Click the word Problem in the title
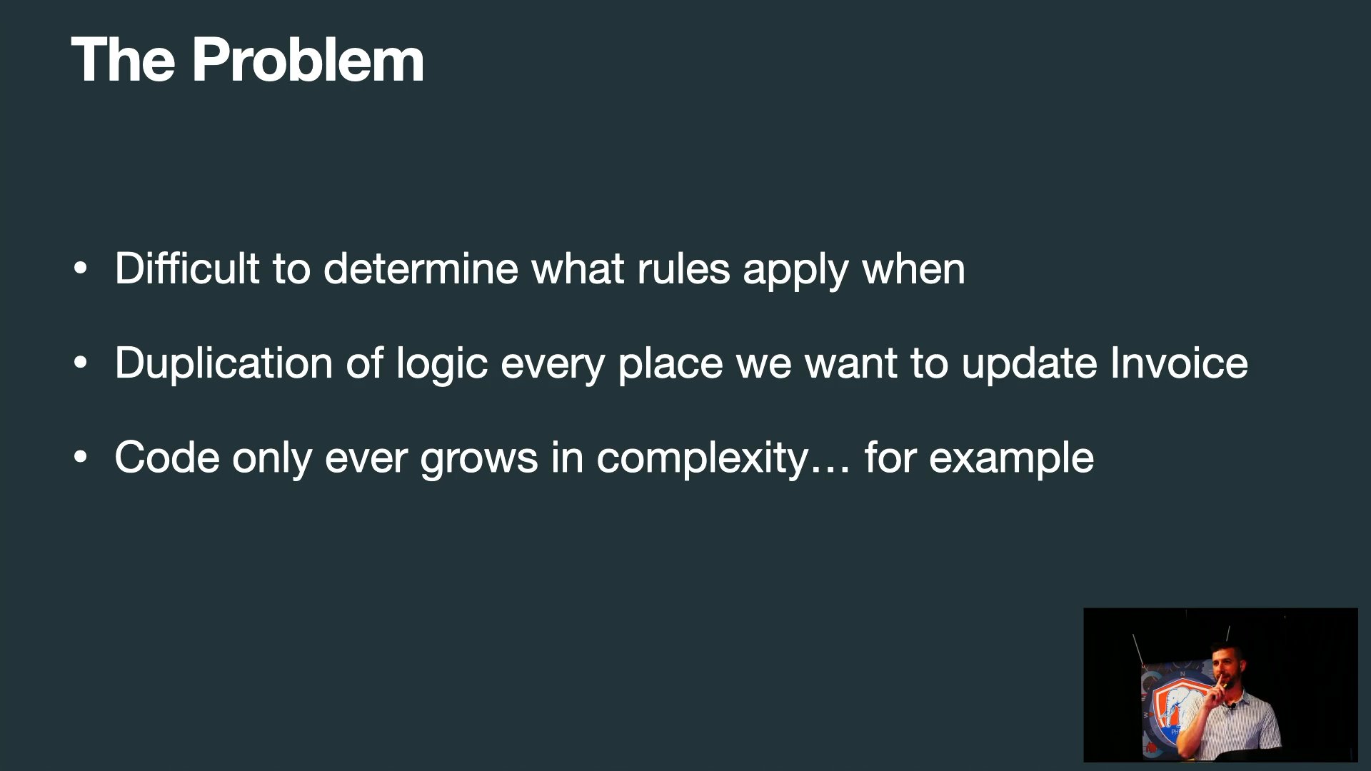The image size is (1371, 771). pyautogui.click(x=308, y=60)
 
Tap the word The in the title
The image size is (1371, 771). pyautogui.click(x=123, y=60)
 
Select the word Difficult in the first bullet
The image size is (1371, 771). pyautogui.click(x=187, y=268)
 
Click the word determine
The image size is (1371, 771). pyautogui.click(x=421, y=268)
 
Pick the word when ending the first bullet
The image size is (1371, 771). pyautogui.click(x=914, y=268)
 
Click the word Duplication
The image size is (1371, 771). pyautogui.click(x=224, y=363)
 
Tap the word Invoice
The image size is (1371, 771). pyautogui.click(x=1179, y=363)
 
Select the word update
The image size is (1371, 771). pyautogui.click(x=1030, y=364)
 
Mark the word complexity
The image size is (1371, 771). pyautogui.click(x=703, y=458)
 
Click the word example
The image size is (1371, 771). pyautogui.click(x=1011, y=458)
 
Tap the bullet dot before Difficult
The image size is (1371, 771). pyautogui.click(x=81, y=268)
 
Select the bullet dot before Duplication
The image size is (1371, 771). pyautogui.click(x=81, y=363)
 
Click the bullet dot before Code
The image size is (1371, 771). pyautogui.click(x=81, y=458)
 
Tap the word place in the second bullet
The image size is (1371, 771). pyautogui.click(x=671, y=364)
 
